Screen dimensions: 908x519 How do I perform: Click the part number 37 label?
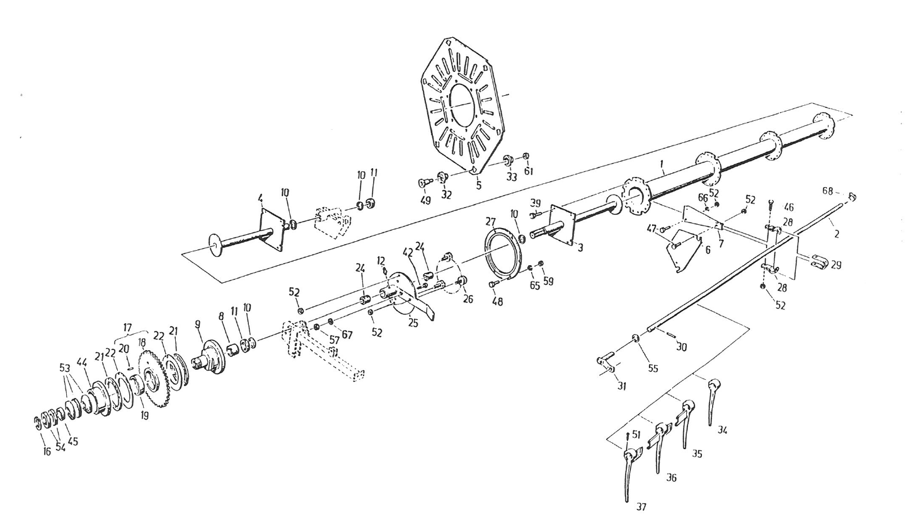click(641, 506)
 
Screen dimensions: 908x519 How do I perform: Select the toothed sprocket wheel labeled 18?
click(153, 378)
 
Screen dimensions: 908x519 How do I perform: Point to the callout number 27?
click(491, 222)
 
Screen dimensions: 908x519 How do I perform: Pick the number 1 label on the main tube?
click(662, 165)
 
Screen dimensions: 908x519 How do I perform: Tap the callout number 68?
click(828, 190)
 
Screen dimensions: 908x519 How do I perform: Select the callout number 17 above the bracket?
click(127, 328)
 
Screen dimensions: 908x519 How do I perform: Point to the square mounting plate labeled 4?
click(272, 229)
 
